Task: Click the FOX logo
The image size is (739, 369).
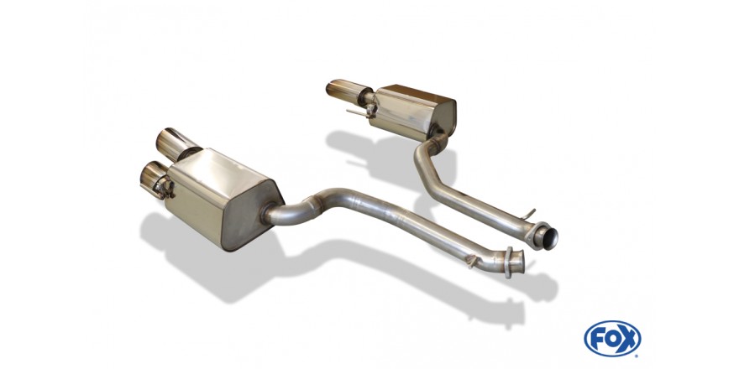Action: [x=612, y=339]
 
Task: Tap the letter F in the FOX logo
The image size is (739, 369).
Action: [x=597, y=339]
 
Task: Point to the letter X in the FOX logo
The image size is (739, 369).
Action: [x=628, y=339]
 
